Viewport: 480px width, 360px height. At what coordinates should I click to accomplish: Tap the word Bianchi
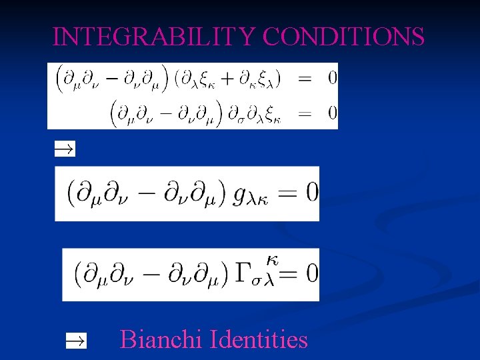(x=162, y=340)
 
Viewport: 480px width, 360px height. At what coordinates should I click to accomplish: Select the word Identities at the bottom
(x=259, y=340)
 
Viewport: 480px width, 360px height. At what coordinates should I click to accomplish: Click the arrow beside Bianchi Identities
(x=76, y=341)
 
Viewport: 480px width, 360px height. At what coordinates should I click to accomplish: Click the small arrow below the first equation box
(x=65, y=149)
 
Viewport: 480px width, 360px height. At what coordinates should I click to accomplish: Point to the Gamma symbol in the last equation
(x=244, y=272)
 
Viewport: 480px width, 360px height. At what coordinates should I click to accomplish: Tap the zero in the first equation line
(x=332, y=79)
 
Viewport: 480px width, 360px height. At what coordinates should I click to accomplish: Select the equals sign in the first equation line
(x=304, y=79)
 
